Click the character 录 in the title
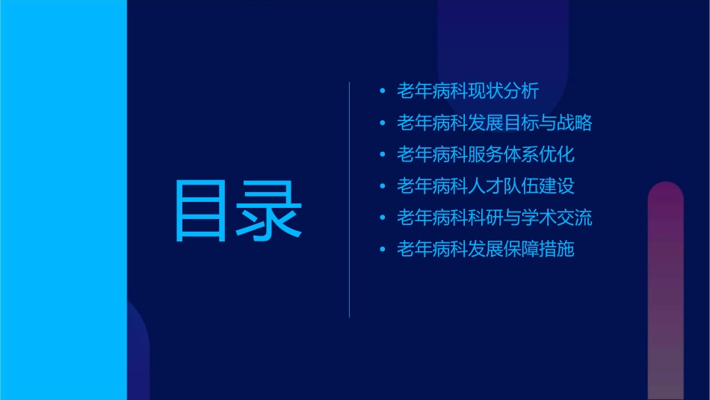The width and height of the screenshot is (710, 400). point(270,210)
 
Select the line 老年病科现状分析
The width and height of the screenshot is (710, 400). point(467,91)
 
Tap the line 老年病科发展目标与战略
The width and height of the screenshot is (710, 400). point(494,123)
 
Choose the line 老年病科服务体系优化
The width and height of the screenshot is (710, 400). point(485,155)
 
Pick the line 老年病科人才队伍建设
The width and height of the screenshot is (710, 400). point(485,186)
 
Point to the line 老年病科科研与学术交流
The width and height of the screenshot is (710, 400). point(494,218)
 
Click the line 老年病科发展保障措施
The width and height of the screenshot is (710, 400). point(485,250)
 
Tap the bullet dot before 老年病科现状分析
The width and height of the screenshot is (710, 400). point(382,92)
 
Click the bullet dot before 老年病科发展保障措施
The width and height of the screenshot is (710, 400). point(382,250)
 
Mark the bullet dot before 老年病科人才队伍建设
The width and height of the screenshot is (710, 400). point(382,186)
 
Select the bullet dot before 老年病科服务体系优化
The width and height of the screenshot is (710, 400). point(382,155)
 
